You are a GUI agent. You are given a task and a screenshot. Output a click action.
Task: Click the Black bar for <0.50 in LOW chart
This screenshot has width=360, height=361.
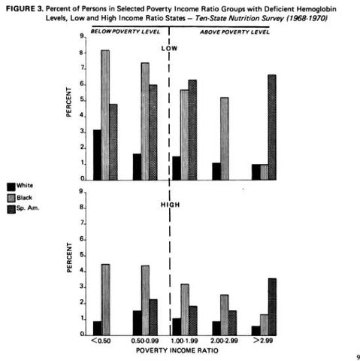click(105, 115)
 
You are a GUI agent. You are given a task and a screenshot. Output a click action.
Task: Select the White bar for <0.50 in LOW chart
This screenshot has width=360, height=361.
click(98, 155)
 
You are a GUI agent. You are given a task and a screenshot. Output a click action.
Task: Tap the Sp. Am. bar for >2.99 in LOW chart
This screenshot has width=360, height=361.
click(272, 127)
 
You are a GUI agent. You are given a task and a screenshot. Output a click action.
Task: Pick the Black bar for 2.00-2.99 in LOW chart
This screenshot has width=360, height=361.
click(225, 138)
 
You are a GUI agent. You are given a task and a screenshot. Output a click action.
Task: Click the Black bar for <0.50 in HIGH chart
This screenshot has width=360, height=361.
click(105, 300)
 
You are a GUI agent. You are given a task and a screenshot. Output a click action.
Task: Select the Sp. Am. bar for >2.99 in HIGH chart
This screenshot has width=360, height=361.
click(272, 307)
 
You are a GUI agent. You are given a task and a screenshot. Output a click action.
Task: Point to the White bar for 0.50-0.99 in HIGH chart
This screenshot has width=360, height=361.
click(138, 323)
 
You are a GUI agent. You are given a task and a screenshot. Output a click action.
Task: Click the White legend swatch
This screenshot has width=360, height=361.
click(11, 187)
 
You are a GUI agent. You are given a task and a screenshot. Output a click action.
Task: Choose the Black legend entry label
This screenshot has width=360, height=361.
click(24, 198)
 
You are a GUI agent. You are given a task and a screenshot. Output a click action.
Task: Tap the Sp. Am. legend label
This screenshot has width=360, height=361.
click(28, 208)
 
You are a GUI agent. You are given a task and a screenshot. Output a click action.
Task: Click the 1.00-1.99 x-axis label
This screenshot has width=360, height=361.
click(184, 341)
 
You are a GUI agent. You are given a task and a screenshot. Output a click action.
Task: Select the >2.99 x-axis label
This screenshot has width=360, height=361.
click(263, 341)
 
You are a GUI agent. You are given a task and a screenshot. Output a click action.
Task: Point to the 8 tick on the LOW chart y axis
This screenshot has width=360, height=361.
click(83, 53)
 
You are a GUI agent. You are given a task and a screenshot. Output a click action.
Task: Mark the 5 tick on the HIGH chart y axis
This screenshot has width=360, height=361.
click(83, 256)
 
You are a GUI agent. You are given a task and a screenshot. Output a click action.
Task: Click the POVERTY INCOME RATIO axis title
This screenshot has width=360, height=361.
click(177, 350)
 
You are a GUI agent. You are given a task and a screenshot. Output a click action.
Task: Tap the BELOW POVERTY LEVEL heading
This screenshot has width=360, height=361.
click(126, 32)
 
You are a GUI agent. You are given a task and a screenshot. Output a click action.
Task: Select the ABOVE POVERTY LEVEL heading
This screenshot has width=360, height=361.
click(234, 32)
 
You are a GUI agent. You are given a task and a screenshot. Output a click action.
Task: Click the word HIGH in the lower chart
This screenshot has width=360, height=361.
click(171, 205)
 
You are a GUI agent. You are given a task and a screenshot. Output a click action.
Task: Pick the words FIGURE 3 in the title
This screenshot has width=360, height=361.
click(25, 9)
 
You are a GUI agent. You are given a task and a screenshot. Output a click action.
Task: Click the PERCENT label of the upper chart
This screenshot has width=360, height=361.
click(68, 102)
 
